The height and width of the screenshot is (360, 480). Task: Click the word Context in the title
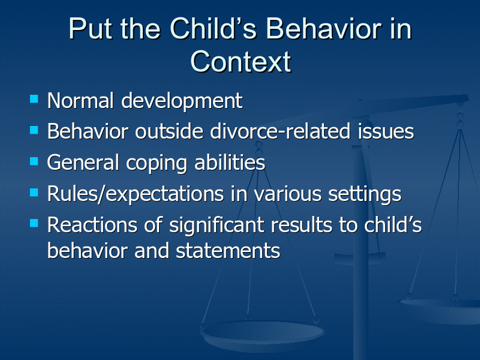(241, 62)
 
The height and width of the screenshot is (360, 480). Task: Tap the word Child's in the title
(213, 28)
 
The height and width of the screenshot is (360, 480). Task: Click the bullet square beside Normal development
(34, 99)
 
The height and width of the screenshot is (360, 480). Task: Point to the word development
(182, 101)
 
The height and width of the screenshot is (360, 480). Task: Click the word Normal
(80, 100)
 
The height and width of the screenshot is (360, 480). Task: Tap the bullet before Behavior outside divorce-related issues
(34, 130)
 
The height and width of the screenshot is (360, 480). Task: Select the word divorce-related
(280, 131)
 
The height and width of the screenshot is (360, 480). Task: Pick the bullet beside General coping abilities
(34, 161)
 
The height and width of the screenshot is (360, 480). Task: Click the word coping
(157, 163)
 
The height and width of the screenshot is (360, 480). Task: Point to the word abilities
(230, 162)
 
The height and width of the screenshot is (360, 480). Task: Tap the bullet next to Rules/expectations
(34, 192)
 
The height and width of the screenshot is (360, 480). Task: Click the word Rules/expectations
(136, 194)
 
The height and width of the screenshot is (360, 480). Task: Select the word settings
(365, 194)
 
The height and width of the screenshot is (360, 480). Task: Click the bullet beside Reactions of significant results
(34, 223)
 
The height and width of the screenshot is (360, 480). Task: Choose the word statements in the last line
(228, 251)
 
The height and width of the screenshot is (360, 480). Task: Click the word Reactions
(92, 225)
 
